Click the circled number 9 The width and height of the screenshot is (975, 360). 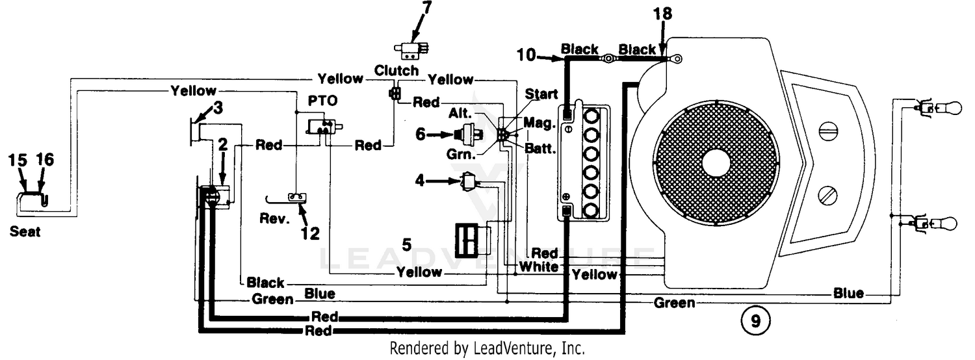coord(755,321)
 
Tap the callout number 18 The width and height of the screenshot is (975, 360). coord(662,14)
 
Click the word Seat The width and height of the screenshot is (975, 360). coord(25,231)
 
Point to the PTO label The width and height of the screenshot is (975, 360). coord(322,101)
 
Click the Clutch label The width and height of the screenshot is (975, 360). coord(396,70)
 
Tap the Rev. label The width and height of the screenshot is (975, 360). coord(274,218)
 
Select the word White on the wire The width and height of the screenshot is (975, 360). coord(539,266)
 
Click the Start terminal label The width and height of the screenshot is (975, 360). coord(541,94)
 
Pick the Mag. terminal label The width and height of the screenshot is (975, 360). coord(539,123)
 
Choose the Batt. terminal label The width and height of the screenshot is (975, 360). coord(540,148)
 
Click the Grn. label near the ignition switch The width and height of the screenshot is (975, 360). coord(461,154)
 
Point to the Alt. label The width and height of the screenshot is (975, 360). coord(460,113)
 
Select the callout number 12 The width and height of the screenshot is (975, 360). coord(310,233)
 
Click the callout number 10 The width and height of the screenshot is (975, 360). coord(526,55)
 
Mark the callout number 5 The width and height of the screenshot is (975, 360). coord(406,244)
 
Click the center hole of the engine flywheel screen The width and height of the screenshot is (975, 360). coord(716,163)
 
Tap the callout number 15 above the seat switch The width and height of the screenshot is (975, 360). coord(18,160)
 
